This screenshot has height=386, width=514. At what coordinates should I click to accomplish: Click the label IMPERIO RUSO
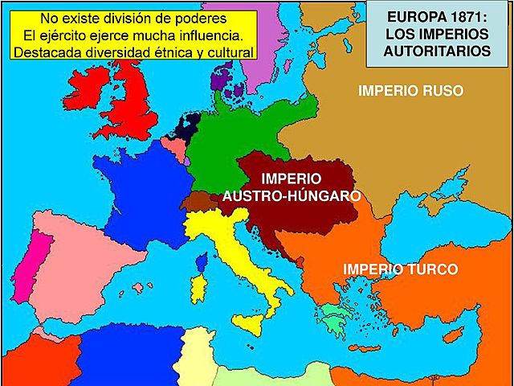tap(410, 91)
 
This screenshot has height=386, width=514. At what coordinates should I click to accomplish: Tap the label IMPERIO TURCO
tap(401, 269)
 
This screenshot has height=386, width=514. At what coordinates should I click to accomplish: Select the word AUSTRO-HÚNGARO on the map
tap(292, 195)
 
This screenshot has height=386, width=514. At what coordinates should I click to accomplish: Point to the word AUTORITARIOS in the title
tap(438, 51)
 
